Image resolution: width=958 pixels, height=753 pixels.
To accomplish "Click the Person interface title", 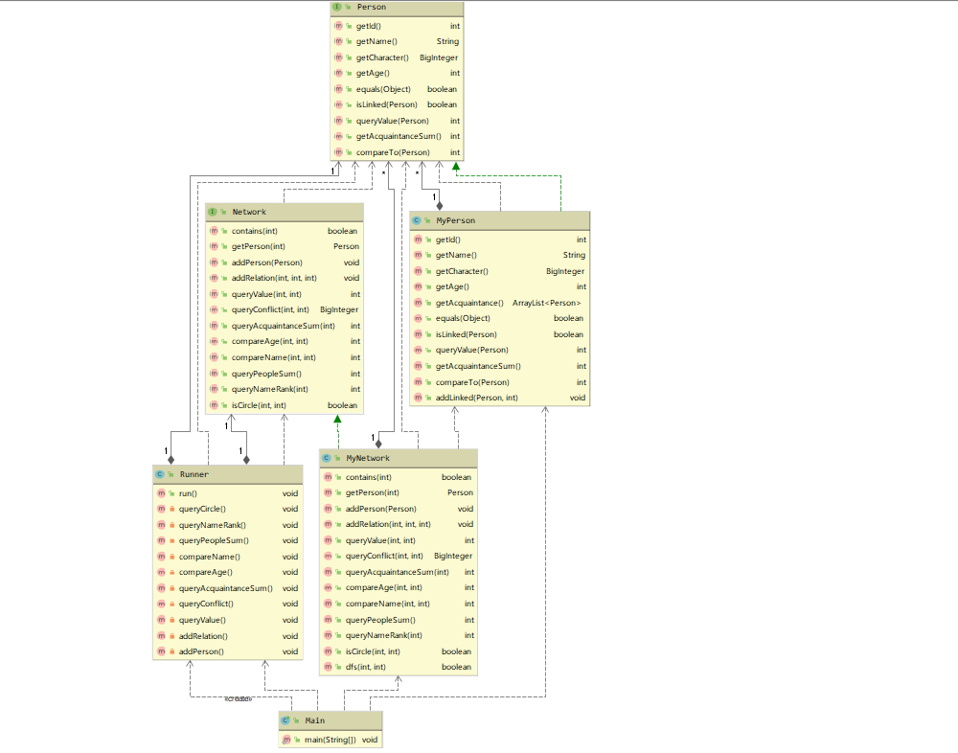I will click(x=371, y=8).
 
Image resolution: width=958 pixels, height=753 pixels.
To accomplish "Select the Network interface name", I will click(x=249, y=212).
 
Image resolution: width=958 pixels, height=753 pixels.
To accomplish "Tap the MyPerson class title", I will click(x=455, y=220).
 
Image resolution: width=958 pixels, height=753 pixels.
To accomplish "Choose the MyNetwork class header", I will click(x=368, y=458).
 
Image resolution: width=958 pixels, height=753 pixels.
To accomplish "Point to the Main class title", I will click(x=314, y=719).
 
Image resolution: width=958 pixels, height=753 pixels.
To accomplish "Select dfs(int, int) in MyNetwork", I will click(x=365, y=667).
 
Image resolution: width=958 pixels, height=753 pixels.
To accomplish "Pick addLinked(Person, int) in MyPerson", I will click(x=476, y=398).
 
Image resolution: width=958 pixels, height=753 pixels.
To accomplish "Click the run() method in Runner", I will click(x=188, y=493).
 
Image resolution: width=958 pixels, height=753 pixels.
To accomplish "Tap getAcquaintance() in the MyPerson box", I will click(x=469, y=303).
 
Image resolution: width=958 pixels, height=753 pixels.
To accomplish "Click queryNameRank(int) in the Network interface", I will click(x=270, y=389).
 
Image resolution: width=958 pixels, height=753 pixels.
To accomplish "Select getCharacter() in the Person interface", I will click(x=382, y=57).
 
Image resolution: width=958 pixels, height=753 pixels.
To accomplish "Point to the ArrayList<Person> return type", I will click(x=546, y=303).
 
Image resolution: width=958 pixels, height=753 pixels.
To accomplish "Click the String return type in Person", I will click(x=447, y=41).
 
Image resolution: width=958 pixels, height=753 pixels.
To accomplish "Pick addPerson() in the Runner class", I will click(x=201, y=651).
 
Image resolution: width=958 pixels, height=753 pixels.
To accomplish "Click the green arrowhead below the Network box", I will click(x=337, y=419).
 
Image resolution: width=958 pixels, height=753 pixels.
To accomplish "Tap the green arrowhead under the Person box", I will click(x=456, y=167).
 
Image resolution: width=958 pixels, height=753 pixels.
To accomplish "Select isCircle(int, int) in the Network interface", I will click(x=259, y=405).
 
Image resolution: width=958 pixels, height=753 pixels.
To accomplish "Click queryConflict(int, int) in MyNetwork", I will click(x=384, y=556).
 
